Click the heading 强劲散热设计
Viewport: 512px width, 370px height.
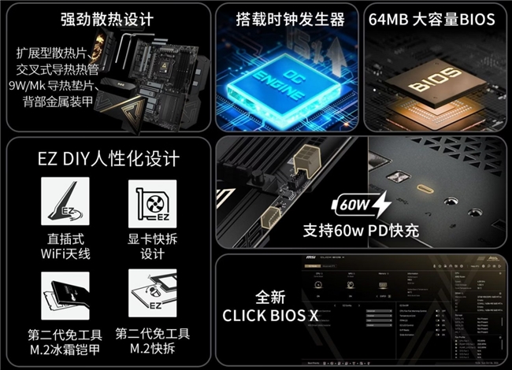pyautogui.click(x=107, y=19)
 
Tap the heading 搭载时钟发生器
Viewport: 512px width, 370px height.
pyautogui.click(x=291, y=19)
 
